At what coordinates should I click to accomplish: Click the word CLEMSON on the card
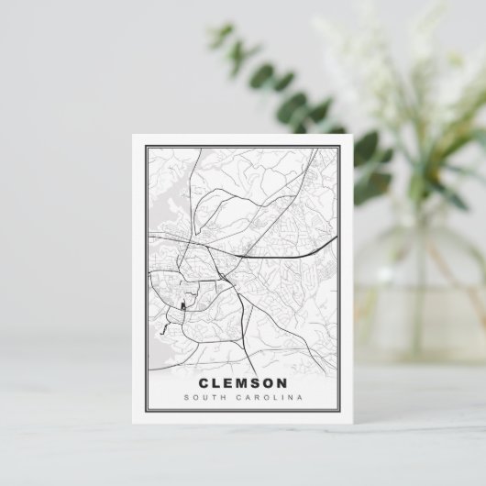tap(242, 382)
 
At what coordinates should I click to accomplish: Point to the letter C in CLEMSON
tap(203, 382)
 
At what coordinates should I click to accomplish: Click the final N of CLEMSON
tap(282, 382)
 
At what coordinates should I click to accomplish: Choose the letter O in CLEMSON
tap(269, 382)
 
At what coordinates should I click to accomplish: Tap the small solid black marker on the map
tap(182, 306)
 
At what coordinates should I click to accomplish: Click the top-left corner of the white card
tap(132, 135)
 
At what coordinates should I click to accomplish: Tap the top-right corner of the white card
tap(354, 135)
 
